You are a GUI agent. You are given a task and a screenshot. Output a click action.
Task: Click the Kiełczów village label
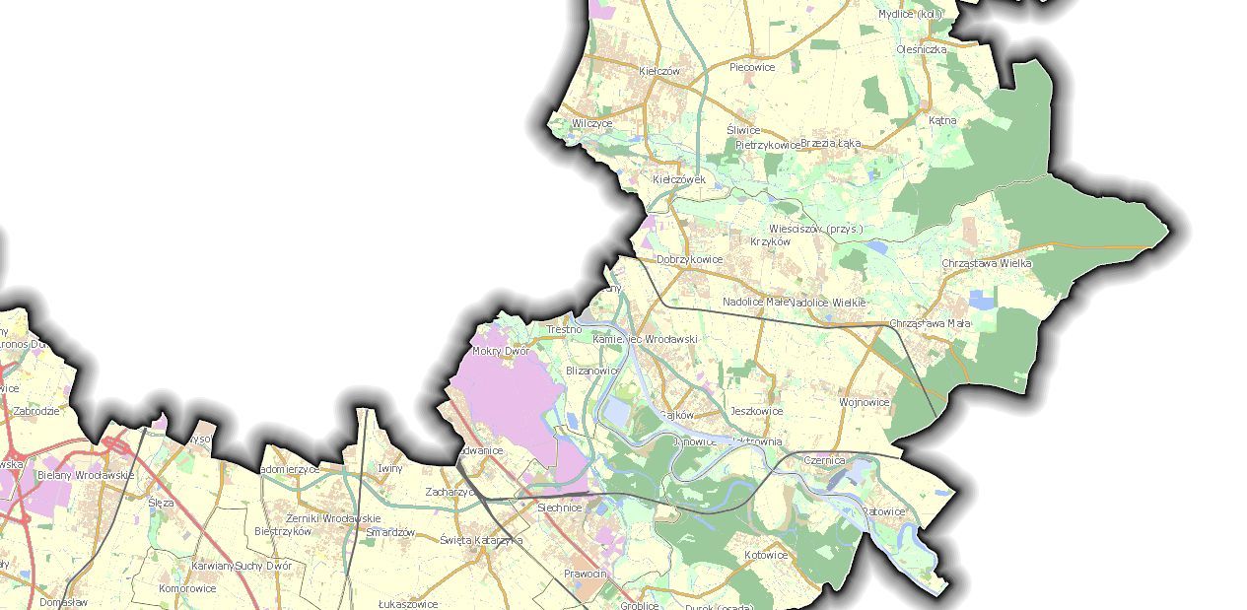tap(659, 71)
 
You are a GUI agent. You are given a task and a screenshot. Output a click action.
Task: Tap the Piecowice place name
tap(752, 67)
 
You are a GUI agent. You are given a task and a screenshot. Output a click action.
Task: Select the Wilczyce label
tap(591, 123)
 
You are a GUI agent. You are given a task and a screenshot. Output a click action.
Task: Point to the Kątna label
tap(942, 120)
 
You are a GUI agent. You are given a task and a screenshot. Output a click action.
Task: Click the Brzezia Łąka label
tap(830, 143)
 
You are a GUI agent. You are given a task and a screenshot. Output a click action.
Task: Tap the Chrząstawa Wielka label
tap(986, 263)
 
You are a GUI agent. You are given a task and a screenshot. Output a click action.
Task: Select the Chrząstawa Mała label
tap(930, 323)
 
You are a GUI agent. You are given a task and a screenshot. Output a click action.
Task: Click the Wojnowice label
tap(864, 402)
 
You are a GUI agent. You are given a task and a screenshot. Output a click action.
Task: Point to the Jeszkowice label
tap(756, 411)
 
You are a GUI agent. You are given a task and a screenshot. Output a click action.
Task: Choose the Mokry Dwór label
tap(501, 351)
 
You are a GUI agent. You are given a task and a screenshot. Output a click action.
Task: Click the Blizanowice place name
tap(592, 371)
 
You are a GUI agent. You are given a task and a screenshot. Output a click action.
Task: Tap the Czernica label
tap(824, 460)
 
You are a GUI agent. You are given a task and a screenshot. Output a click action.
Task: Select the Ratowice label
tap(883, 511)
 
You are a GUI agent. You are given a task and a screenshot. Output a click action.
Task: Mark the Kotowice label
tap(766, 555)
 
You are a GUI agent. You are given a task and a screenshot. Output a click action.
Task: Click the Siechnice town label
tap(559, 508)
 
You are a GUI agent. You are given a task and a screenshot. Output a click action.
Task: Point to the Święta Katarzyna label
tap(481, 540)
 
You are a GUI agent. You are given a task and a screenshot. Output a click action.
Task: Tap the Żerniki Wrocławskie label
tap(332, 518)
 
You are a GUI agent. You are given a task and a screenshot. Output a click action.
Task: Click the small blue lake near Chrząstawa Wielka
tap(982, 299)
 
